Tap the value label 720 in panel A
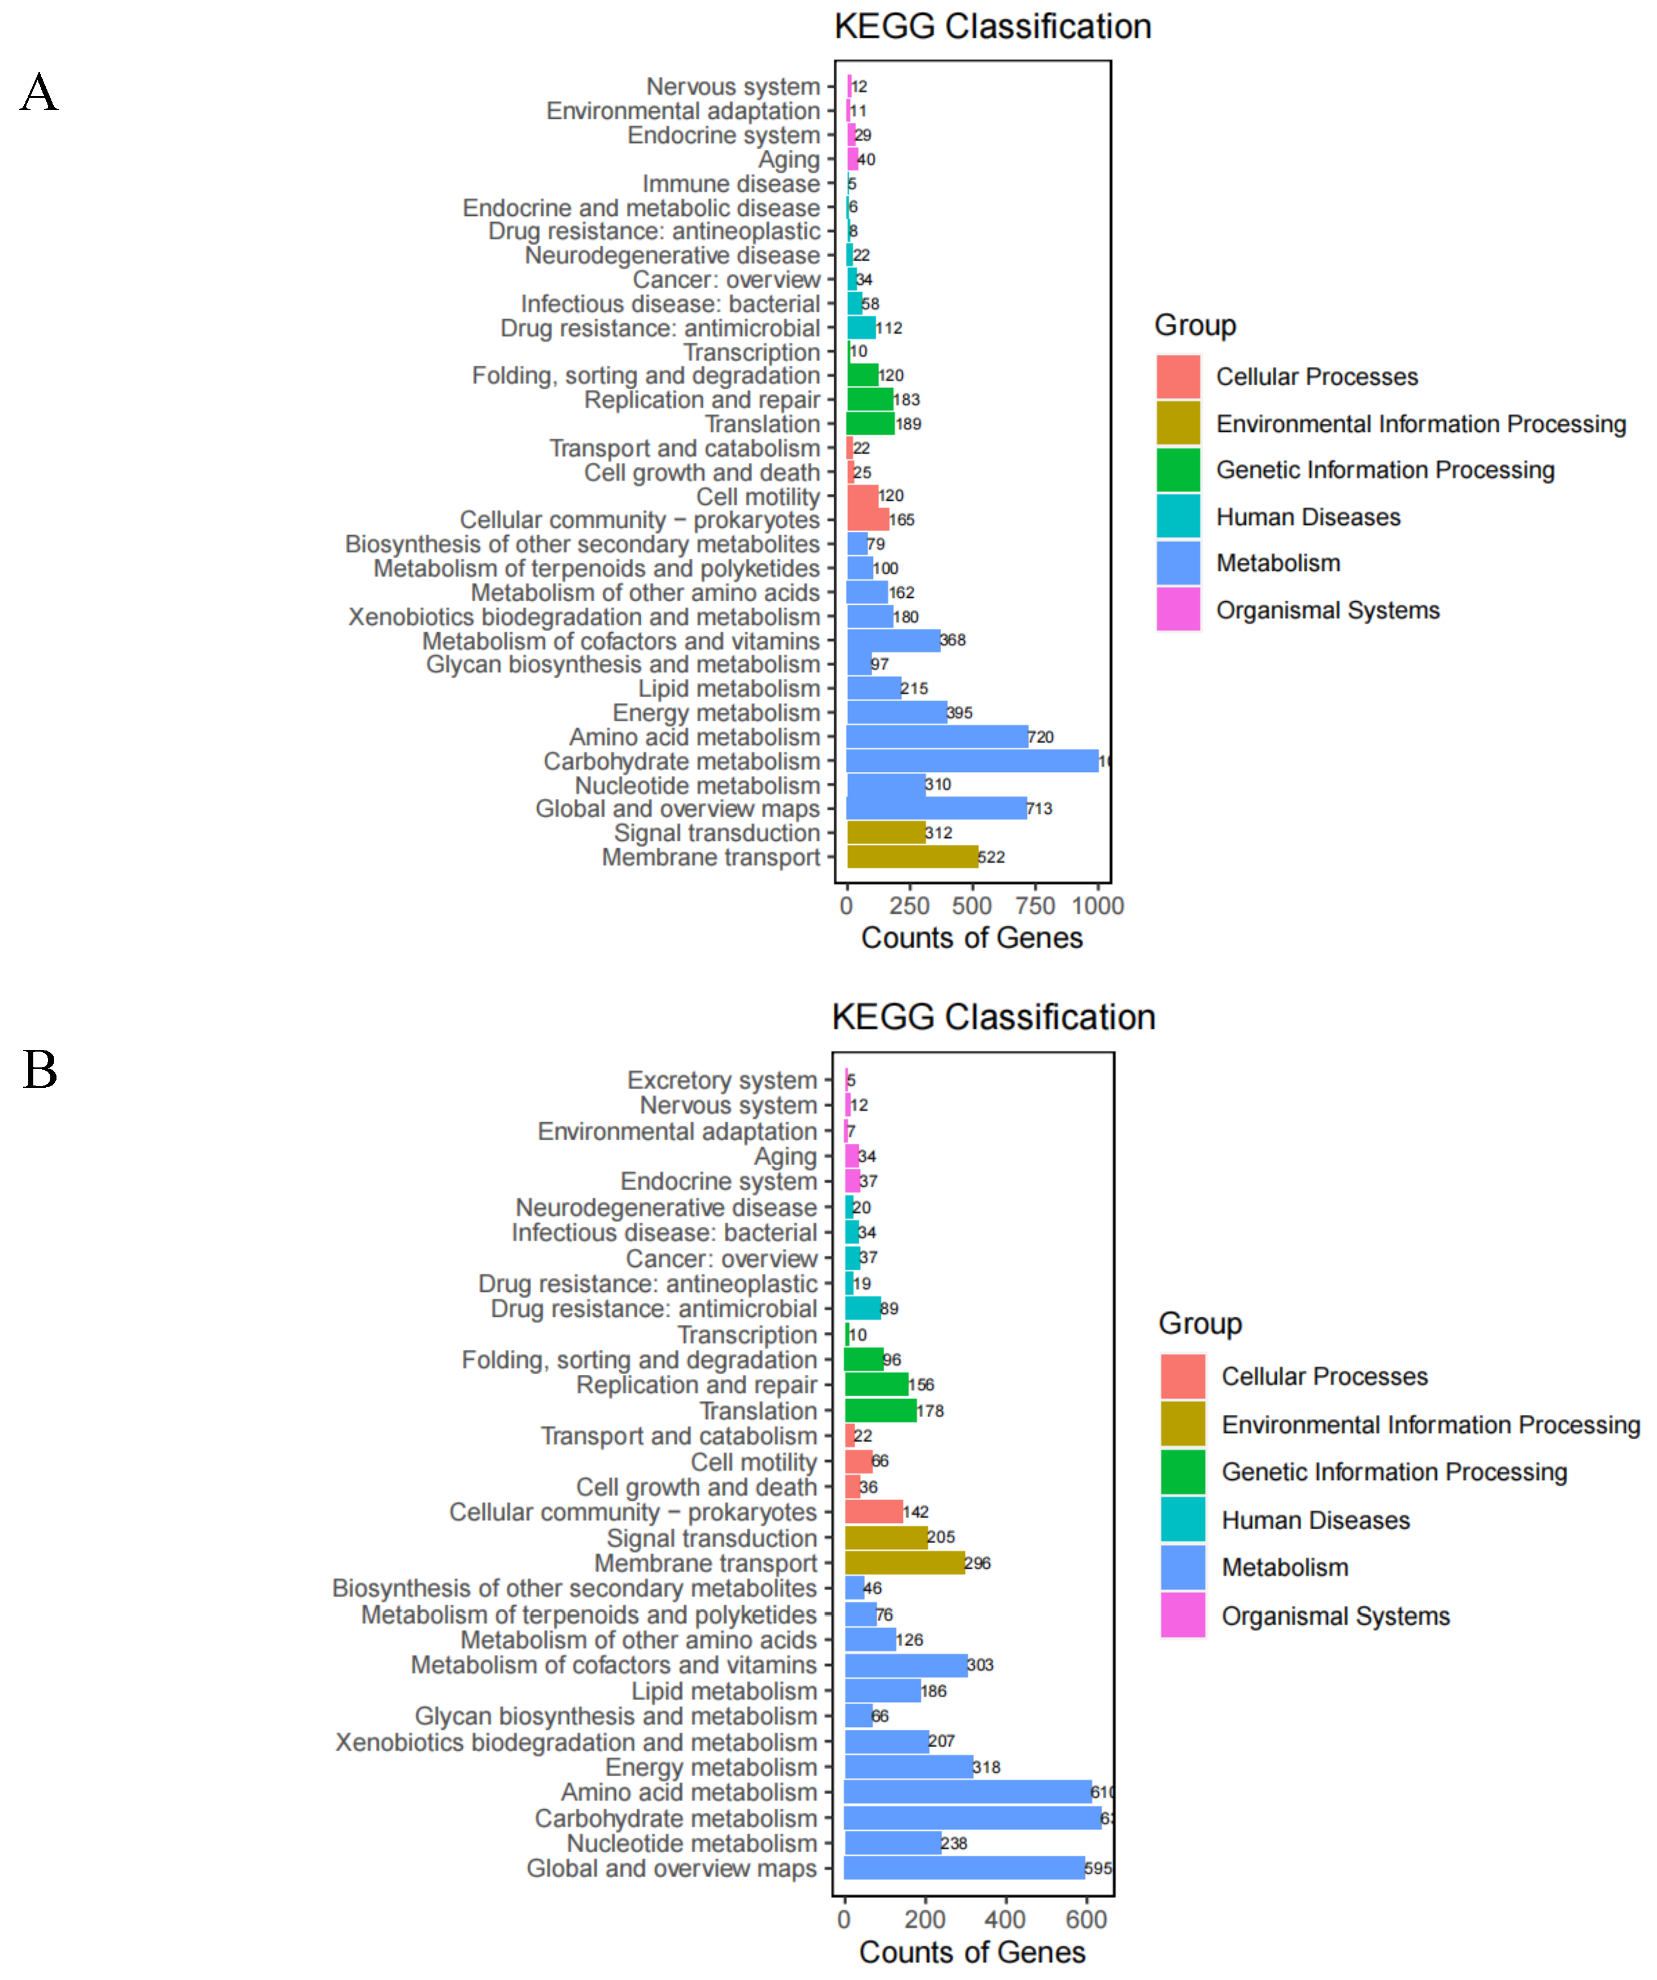1041,737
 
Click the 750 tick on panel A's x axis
1035,906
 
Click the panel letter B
41,1070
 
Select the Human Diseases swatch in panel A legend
1178,516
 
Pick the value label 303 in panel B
980,1665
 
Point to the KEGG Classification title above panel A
993,27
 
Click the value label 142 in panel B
915,1512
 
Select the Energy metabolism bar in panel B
908,1767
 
